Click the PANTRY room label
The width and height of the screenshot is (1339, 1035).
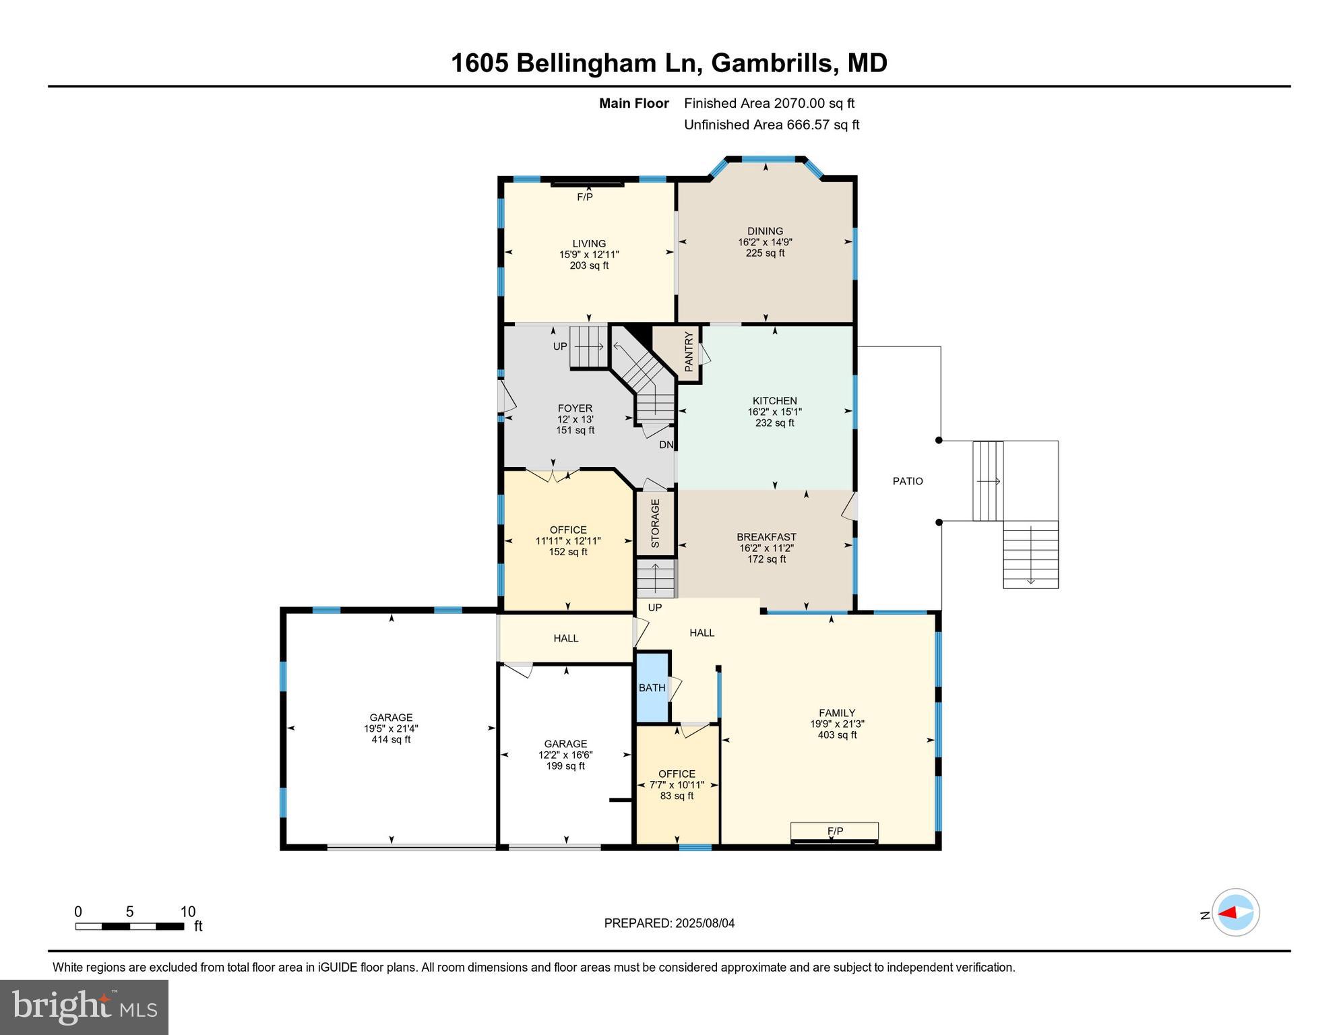point(689,352)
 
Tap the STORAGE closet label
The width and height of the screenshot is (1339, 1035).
point(655,523)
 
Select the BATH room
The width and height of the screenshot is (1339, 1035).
point(652,688)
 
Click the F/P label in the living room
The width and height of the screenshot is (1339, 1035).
point(585,197)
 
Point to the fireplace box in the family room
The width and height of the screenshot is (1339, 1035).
point(834,832)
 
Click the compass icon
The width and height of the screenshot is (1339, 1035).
point(1235,912)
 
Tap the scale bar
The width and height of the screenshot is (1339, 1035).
point(129,927)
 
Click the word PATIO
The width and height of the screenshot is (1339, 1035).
point(908,481)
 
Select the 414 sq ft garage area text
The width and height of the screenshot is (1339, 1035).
point(391,739)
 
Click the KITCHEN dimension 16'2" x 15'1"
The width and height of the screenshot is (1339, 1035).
point(774,412)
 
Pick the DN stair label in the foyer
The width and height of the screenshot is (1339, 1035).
point(666,445)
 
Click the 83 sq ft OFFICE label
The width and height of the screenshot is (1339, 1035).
point(677,796)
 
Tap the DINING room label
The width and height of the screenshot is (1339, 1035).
point(765,231)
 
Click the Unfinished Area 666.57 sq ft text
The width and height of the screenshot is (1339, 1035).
point(771,125)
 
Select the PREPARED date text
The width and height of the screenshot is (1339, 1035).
point(668,923)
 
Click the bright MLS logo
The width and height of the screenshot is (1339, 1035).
point(84,1007)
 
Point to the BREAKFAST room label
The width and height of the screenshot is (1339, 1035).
point(766,537)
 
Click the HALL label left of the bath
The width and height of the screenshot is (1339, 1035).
point(565,638)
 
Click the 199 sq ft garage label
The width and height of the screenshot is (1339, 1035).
point(565,766)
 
